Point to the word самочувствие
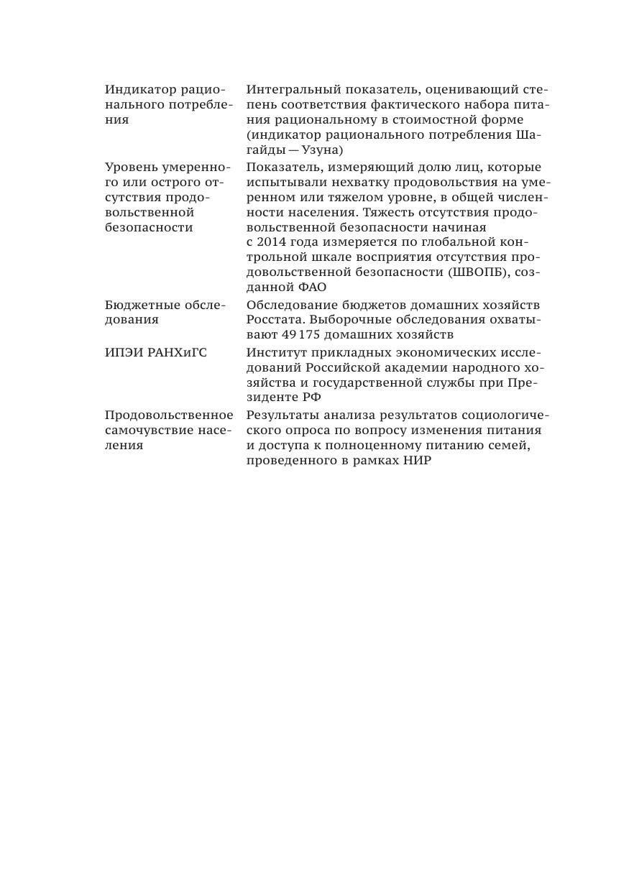click(x=147, y=431)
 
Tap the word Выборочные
click(x=354, y=320)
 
